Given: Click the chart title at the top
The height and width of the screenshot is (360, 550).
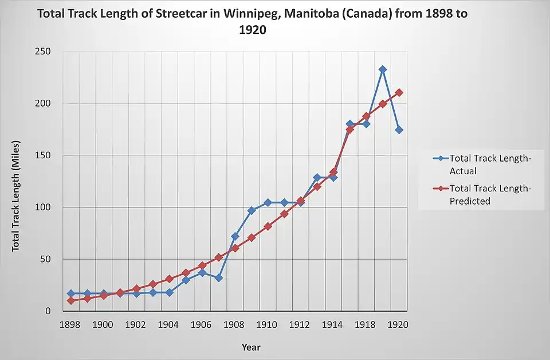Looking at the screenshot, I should click(252, 21).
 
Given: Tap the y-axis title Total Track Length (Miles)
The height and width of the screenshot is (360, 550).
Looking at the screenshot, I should click(16, 195).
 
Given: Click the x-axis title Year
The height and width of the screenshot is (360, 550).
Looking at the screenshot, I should click(251, 347).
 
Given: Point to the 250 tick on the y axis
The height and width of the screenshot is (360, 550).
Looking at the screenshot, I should click(43, 52).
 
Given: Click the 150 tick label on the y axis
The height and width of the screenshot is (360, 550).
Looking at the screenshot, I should click(43, 155).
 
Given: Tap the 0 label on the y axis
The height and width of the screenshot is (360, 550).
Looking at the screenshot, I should click(48, 311).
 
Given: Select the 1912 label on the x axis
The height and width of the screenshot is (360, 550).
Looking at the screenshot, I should click(300, 325).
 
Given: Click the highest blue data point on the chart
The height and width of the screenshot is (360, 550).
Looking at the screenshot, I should click(383, 69).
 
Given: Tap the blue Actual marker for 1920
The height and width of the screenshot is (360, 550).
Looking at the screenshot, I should click(399, 130).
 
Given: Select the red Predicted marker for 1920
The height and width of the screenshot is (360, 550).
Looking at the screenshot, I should click(399, 92).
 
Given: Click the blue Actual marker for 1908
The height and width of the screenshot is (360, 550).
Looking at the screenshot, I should click(235, 236).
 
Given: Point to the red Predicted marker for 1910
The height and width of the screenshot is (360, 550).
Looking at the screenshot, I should click(268, 226).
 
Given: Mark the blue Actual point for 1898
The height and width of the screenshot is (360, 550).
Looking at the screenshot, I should click(70, 294).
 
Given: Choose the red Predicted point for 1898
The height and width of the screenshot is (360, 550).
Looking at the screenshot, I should click(70, 300).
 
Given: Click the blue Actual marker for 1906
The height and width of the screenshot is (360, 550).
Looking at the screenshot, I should click(202, 273).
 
